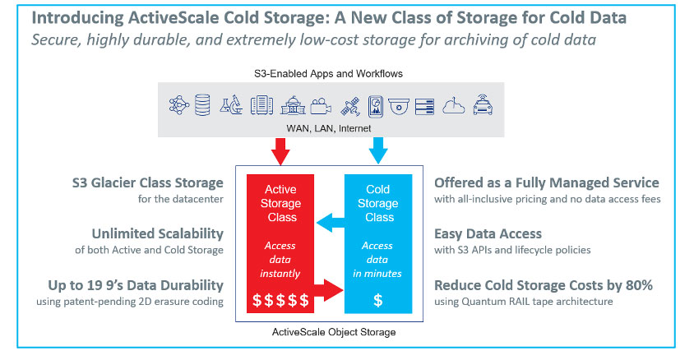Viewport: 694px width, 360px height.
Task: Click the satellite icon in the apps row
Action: pos(350,107)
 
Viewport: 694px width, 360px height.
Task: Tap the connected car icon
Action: pos(483,105)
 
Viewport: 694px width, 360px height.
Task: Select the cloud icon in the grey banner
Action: pos(454,106)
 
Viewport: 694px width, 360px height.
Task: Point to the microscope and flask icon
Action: pos(231,106)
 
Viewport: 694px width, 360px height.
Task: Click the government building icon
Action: pos(293,106)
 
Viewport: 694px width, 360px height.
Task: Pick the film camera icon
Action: pos(321,106)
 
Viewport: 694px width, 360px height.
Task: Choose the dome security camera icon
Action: pos(399,107)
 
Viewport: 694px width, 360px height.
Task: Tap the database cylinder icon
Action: pos(202,105)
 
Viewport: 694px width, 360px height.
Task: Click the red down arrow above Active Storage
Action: pos(280,151)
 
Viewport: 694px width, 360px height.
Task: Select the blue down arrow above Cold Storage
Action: pos(378,151)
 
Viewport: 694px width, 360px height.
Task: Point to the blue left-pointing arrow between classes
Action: pos(331,223)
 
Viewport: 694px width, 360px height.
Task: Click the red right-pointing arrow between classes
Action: pos(328,290)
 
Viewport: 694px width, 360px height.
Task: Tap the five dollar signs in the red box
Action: pos(280,300)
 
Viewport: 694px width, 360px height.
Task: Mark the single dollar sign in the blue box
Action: pos(378,300)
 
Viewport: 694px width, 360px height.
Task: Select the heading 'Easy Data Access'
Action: pos(488,234)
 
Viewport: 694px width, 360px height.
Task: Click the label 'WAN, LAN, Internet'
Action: pos(329,128)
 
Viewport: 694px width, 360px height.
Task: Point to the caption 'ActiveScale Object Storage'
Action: pos(334,332)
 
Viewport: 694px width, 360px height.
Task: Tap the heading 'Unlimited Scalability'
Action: pos(158,233)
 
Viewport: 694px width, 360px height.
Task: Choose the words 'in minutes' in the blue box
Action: pos(377,274)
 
